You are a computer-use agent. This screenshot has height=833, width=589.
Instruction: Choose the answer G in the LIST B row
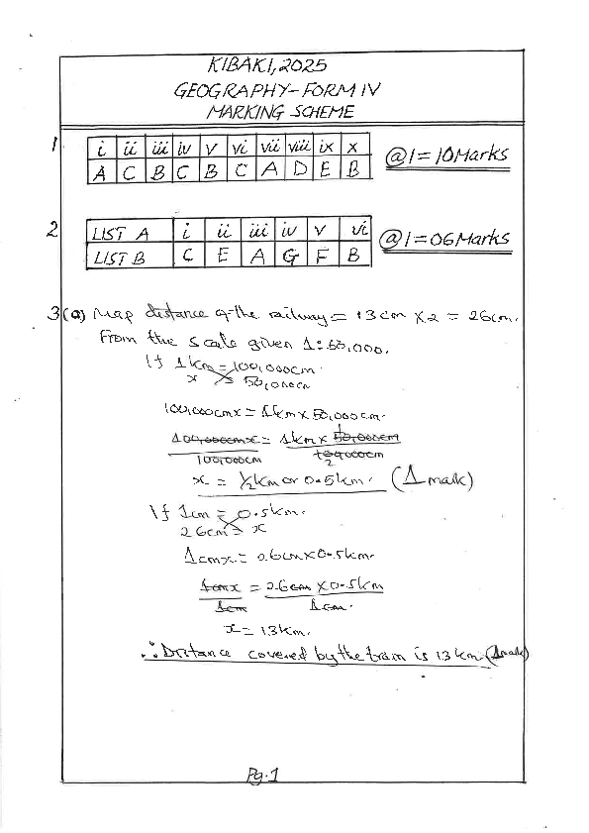click(x=288, y=256)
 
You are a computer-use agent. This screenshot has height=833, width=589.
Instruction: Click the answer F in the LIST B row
click(x=322, y=256)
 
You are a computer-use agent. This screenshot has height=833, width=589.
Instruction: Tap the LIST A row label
click(x=120, y=234)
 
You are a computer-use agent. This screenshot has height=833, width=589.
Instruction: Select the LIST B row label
click(x=119, y=257)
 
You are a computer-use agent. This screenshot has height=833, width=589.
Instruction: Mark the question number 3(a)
click(x=67, y=315)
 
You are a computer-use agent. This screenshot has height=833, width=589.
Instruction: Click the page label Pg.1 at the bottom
click(x=262, y=778)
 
